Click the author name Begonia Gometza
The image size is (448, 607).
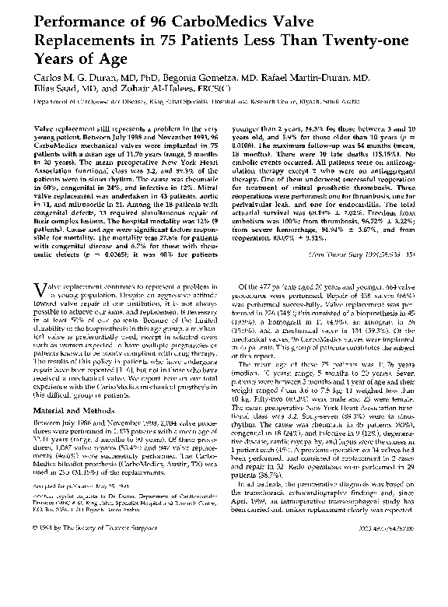click(225, 79)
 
